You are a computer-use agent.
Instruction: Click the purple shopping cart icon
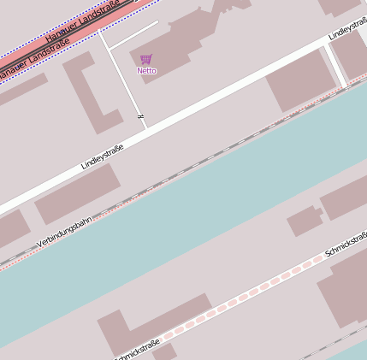(145, 60)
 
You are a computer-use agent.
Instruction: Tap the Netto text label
(146, 70)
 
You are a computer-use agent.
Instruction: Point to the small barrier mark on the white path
(139, 115)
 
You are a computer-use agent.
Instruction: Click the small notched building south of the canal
(305, 221)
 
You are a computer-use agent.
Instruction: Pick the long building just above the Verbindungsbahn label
(77, 193)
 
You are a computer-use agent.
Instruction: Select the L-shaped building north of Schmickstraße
(150, 321)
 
